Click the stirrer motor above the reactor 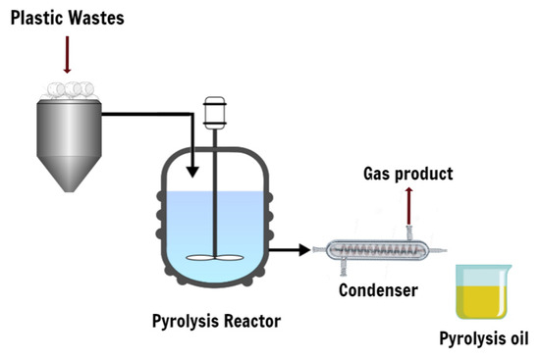pyautogui.click(x=215, y=112)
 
